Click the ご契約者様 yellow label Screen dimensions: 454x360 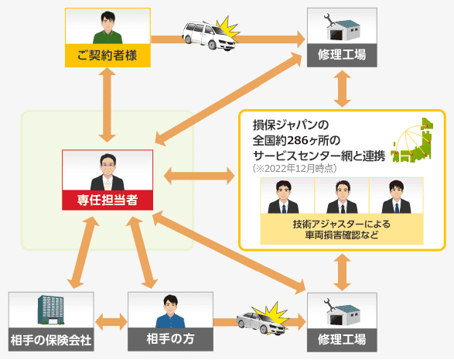click(108, 56)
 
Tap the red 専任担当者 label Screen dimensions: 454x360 click(108, 200)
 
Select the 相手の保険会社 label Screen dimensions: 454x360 click(51, 340)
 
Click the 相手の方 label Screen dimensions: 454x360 click(170, 339)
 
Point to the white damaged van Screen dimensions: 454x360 click(209, 36)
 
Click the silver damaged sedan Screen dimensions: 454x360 click(261, 323)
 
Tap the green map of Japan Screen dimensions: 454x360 click(412, 141)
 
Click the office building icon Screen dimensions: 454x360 click(51, 310)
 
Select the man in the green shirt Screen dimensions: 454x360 click(108, 28)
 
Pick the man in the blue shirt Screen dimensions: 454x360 click(170, 312)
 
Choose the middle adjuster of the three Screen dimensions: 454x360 click(342, 197)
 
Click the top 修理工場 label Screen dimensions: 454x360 click(342, 55)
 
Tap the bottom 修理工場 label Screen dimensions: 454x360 click(342, 340)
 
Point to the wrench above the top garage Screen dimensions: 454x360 click(329, 20)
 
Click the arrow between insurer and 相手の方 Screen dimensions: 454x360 click(111, 322)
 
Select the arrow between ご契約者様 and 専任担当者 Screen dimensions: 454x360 click(108, 105)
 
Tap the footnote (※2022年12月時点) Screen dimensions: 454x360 click(295, 169)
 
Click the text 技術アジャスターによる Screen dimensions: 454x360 click(342, 224)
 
